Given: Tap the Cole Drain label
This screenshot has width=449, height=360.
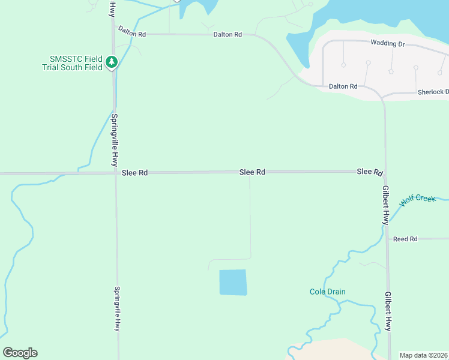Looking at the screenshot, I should (x=328, y=292).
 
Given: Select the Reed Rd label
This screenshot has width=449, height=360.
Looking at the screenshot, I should (x=405, y=239).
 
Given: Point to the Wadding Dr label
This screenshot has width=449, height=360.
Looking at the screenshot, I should (x=388, y=44).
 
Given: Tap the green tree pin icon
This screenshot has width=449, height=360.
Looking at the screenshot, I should (x=111, y=62).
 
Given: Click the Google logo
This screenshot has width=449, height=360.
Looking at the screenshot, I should (x=20, y=353).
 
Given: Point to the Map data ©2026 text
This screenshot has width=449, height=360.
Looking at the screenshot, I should (x=424, y=355).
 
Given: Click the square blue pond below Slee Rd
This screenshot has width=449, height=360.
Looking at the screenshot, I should (x=233, y=282).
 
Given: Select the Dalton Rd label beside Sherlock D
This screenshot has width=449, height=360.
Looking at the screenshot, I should (x=343, y=86).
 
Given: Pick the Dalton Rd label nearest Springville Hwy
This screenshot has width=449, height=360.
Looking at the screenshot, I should (x=132, y=31).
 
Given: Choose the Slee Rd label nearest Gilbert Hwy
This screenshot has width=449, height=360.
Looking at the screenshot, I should (x=370, y=172).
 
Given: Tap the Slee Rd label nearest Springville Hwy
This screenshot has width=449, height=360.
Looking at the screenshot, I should (x=134, y=173).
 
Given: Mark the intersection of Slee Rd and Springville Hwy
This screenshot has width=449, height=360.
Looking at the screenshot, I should (x=115, y=173).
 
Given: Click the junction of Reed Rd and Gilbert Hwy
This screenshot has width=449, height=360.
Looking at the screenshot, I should (x=387, y=239).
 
